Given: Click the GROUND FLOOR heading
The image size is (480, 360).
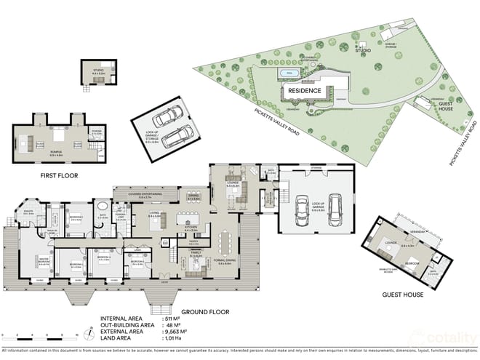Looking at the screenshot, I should (x=205, y=312).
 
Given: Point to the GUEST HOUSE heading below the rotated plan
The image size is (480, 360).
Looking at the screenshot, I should (x=403, y=295).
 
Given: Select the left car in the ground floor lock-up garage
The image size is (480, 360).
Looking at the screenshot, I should (x=300, y=211).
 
